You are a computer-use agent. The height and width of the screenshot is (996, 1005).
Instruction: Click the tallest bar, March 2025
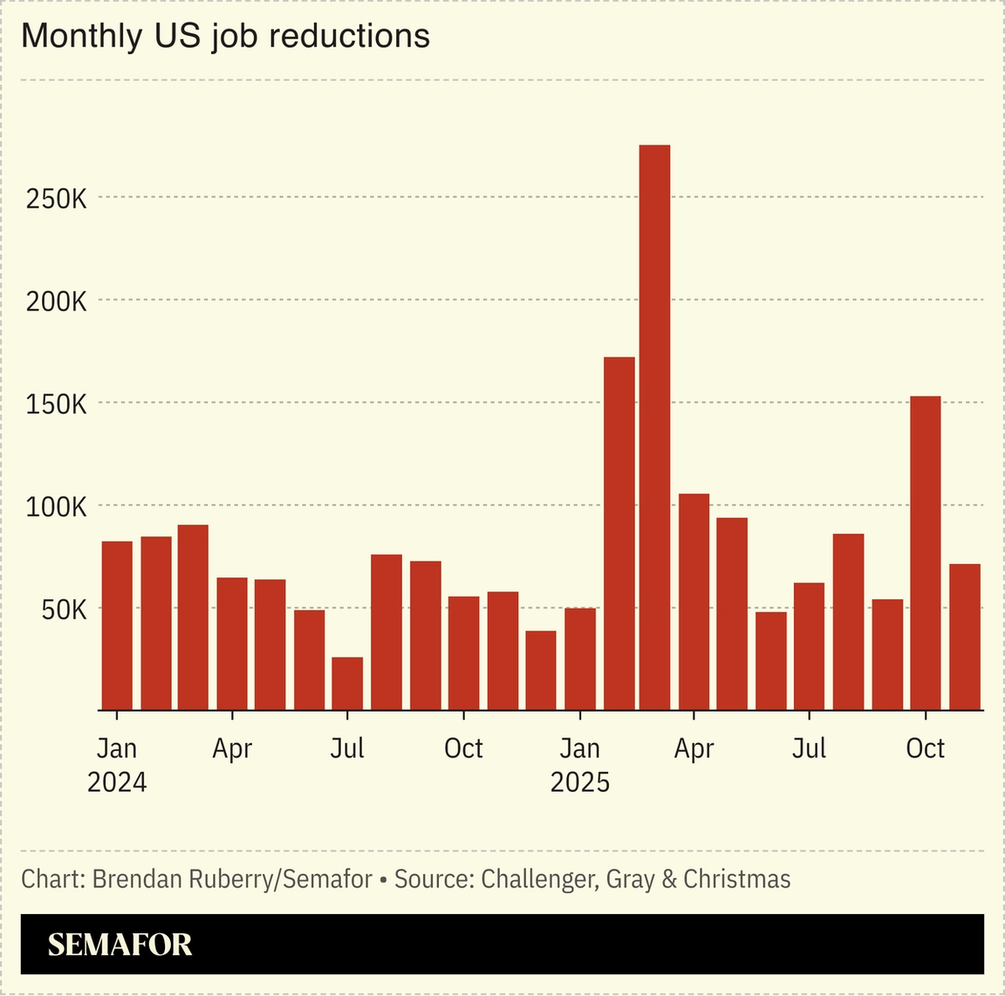coord(654,427)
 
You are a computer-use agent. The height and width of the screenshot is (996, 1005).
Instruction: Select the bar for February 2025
coord(619,534)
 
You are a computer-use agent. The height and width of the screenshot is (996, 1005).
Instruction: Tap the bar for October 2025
coord(925,553)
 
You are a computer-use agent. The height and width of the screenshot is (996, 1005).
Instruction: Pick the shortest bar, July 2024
coord(347,684)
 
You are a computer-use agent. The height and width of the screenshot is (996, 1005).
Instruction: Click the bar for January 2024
coord(117,625)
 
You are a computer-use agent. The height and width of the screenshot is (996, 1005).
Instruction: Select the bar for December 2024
coord(541,670)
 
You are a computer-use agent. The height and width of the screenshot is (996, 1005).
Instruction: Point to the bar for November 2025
coord(964,637)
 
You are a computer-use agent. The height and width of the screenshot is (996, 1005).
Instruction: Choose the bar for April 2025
coord(694,602)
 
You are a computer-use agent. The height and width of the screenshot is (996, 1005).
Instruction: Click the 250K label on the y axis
coord(57,199)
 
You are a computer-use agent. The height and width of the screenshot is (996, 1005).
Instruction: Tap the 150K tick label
coord(57,405)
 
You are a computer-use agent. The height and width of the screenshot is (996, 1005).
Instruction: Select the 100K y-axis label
coord(57,507)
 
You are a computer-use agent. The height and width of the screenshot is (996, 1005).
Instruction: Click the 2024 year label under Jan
coord(117,782)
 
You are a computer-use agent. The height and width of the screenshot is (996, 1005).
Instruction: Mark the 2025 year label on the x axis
coord(579,782)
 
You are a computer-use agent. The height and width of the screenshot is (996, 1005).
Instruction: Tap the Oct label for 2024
coord(463,748)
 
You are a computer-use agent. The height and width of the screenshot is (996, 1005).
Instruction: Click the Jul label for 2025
coord(809,748)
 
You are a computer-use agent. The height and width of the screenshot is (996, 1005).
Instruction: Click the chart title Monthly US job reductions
coord(225,36)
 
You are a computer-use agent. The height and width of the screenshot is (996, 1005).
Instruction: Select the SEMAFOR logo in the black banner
coord(120,945)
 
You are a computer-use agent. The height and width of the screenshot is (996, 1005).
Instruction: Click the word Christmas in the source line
coord(736,879)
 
